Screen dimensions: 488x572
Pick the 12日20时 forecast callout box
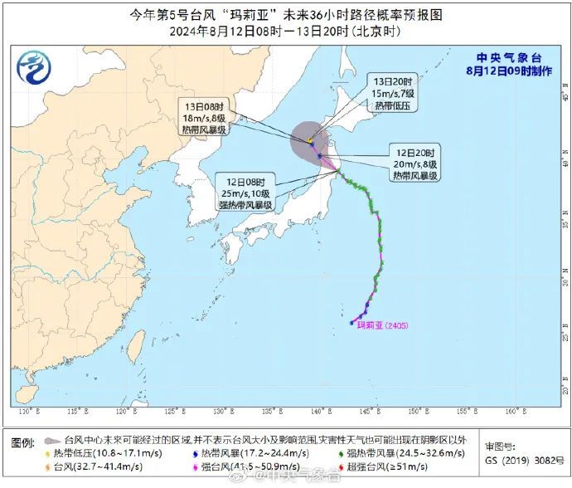416,164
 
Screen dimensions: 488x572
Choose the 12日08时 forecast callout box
245,193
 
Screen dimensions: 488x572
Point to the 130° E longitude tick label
30,412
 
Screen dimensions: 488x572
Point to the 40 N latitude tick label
565,163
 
